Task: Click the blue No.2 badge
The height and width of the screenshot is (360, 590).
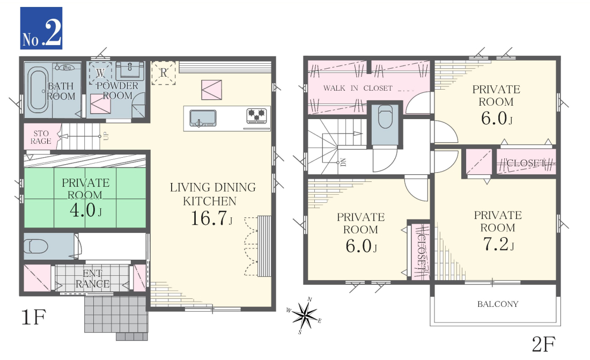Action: coord(41,28)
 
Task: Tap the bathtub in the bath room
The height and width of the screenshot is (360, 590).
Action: coord(38,90)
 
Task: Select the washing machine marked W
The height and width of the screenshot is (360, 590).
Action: coord(100,74)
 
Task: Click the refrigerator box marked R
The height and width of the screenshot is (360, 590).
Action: coord(163,72)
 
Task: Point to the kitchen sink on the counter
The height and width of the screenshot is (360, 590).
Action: coord(202,118)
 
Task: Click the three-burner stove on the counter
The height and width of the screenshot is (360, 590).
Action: coord(256,115)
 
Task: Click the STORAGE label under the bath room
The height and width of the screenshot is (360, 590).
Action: coord(41,137)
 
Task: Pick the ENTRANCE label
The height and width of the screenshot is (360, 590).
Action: coord(93,278)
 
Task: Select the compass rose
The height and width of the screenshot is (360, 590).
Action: coord(305,315)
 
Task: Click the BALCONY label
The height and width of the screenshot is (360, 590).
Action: coord(497,304)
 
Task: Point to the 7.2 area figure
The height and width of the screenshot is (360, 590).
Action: coord(498,244)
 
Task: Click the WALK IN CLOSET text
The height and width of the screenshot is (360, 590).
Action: coord(357,88)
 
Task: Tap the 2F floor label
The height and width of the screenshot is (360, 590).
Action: coord(543,343)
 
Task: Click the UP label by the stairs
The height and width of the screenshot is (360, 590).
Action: coord(106,136)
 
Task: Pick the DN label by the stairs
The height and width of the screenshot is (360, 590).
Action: coord(343,163)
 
